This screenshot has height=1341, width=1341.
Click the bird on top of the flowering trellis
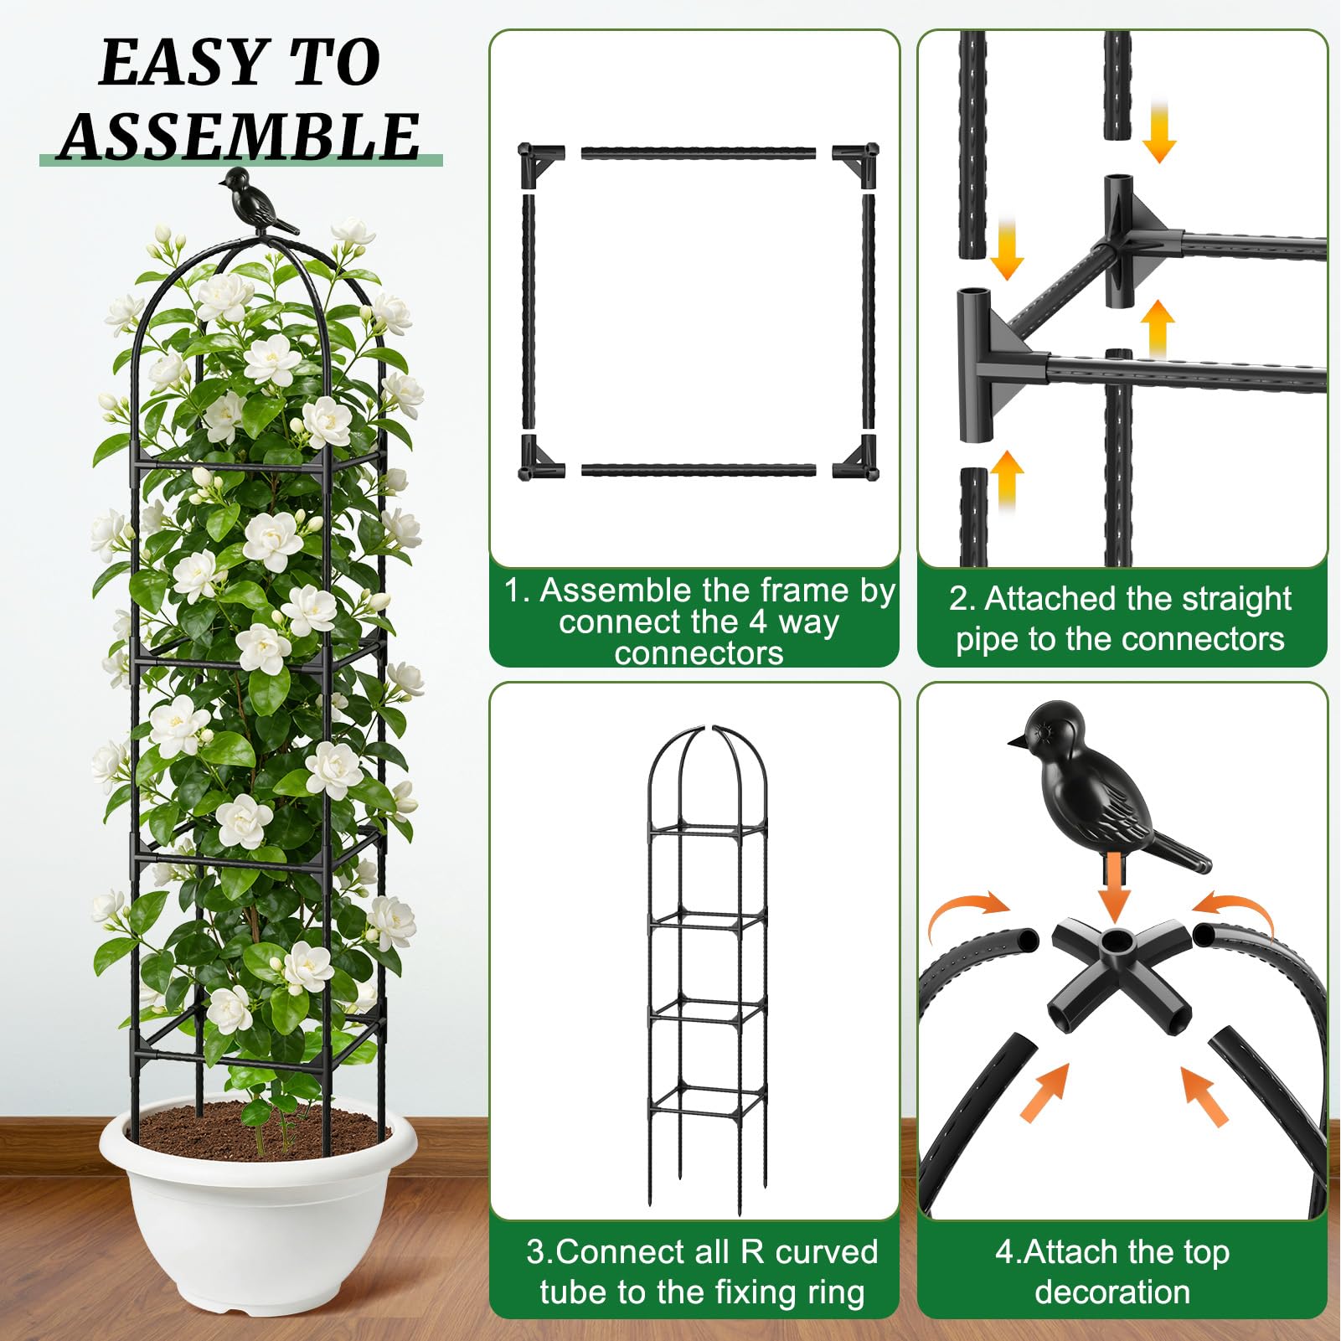258,202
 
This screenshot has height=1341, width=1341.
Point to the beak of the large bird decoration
1017,740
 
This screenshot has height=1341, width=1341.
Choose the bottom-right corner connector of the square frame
855,457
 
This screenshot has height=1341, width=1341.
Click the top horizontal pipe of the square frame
698,153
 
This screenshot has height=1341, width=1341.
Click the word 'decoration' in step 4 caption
1112,1292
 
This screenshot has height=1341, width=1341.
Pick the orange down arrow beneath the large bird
1114,886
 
